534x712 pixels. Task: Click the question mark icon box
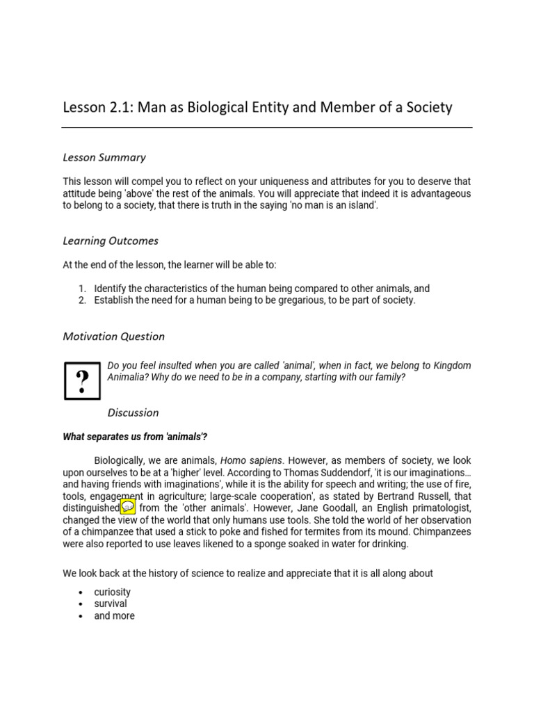tap(82, 380)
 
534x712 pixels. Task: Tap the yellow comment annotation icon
tap(128, 507)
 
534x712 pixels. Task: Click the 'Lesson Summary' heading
tap(104, 157)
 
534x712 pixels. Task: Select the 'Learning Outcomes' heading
tap(111, 241)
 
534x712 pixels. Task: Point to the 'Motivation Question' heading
tap(114, 337)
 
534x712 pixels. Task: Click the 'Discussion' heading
tap(133, 412)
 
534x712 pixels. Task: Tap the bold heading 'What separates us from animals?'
tap(135, 437)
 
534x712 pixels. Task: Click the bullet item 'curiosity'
tap(113, 592)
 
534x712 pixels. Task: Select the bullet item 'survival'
tap(111, 604)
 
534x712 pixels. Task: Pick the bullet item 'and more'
tap(114, 615)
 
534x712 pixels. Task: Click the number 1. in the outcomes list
tap(81, 289)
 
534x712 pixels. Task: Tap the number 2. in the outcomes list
tap(81, 300)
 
